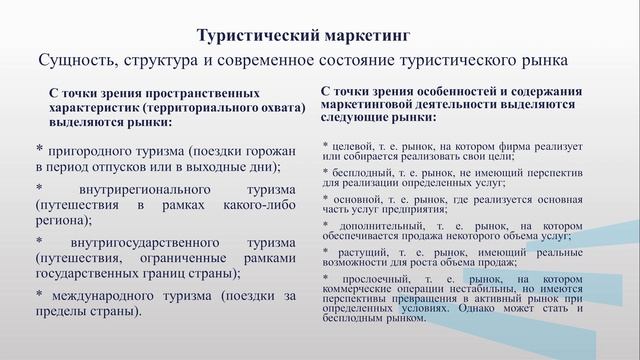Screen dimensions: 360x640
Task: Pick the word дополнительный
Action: click(383, 224)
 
